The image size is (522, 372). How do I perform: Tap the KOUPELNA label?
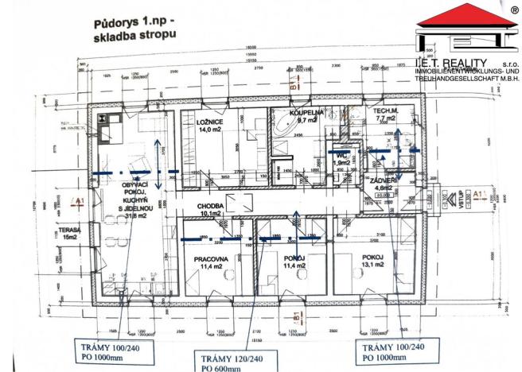coord(306,113)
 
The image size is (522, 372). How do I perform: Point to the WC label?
coord(341,156)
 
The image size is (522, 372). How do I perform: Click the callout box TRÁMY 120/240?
coord(229,357)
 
